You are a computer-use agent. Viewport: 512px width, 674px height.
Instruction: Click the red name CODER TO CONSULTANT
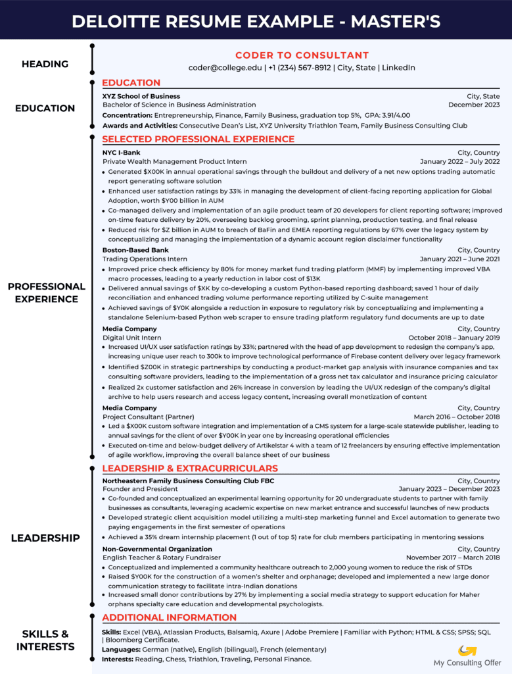click(302, 55)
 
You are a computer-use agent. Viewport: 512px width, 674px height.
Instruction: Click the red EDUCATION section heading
click(131, 83)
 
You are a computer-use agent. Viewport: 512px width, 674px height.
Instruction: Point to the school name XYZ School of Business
click(141, 96)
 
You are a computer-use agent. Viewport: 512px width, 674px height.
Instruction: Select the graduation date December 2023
click(474, 105)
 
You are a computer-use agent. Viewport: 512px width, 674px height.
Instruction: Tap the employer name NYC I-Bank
click(121, 153)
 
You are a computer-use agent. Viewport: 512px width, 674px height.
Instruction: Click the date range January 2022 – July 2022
click(459, 162)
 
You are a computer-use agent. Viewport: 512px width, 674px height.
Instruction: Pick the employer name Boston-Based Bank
click(135, 250)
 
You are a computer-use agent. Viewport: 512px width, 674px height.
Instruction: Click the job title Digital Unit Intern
click(131, 338)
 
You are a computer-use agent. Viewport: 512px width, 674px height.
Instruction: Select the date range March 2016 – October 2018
click(456, 417)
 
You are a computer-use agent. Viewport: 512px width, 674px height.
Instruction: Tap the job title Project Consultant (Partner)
click(149, 417)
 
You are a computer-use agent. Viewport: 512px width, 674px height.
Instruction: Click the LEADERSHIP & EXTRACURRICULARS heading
click(190, 469)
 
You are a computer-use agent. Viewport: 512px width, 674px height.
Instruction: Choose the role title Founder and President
click(140, 489)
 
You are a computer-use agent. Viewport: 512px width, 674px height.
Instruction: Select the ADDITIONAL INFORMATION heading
click(169, 618)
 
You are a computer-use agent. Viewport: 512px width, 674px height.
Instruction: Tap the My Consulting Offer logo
click(467, 656)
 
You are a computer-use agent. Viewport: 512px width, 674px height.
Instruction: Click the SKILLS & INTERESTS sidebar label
click(45, 640)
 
